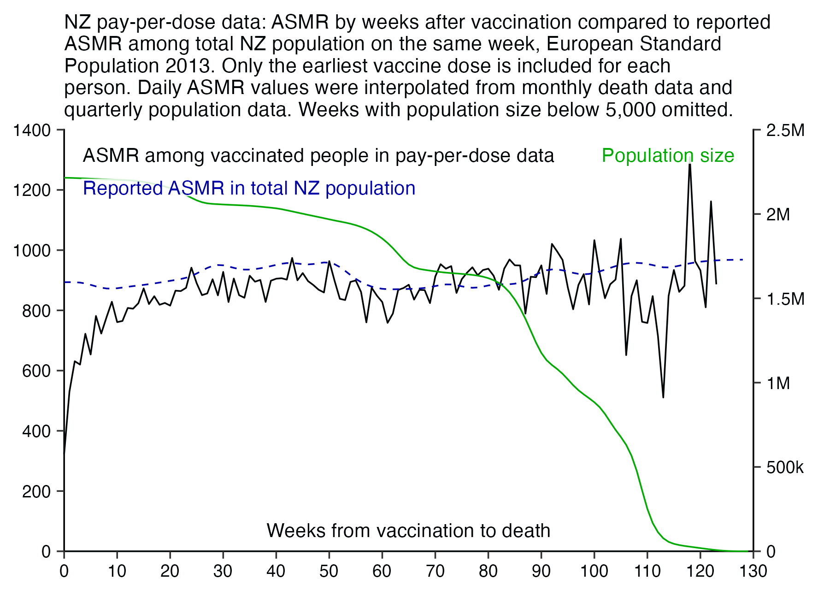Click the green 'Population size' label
click(x=668, y=156)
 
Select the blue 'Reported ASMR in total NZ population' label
click(x=249, y=189)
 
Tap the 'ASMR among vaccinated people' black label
click(x=318, y=156)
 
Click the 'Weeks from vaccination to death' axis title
click(x=408, y=531)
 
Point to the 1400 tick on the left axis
click(x=32, y=130)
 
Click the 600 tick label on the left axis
click(x=36, y=371)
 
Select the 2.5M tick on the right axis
click(x=785, y=130)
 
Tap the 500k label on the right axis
click(x=785, y=467)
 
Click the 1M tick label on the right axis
click(x=778, y=383)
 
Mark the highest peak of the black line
click(x=689, y=164)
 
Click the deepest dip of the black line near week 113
click(x=663, y=397)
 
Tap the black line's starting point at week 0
click(x=64, y=454)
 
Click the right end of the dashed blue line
click(x=743, y=260)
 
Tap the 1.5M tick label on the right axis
click(x=785, y=299)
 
